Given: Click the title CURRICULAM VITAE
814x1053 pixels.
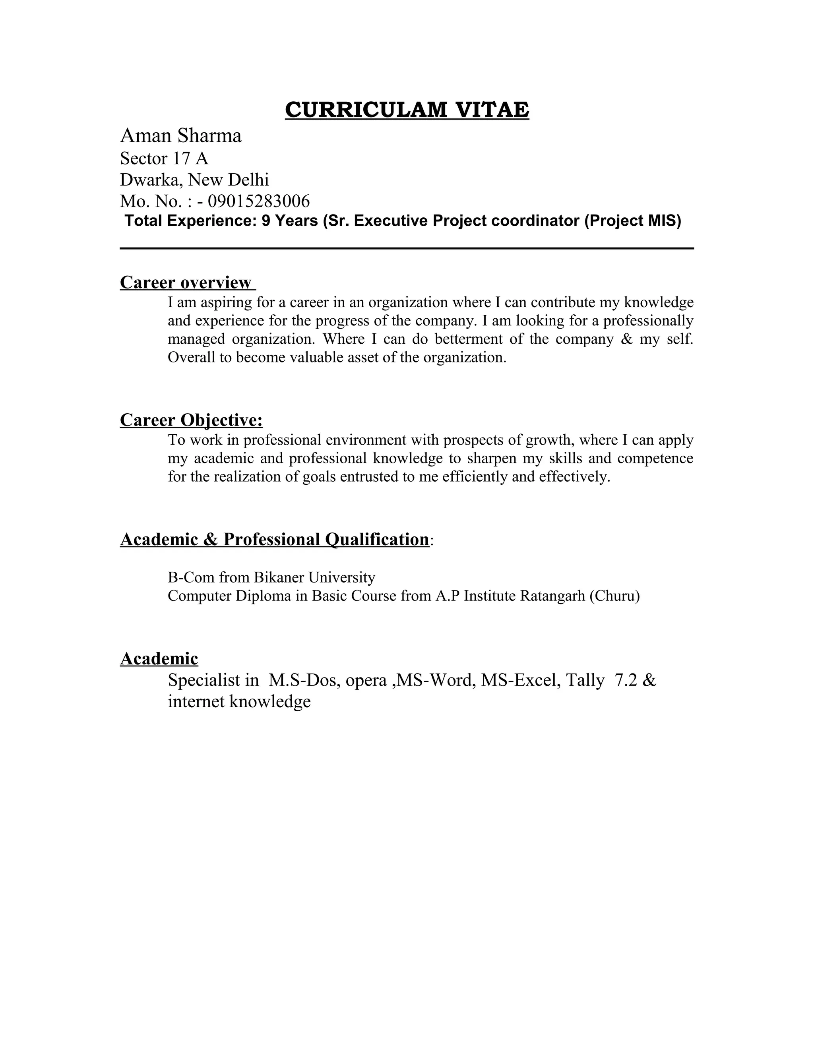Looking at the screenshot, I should click(x=407, y=110).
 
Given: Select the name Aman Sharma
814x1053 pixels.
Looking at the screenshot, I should click(x=180, y=136).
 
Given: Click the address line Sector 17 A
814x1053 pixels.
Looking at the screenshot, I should click(x=164, y=158).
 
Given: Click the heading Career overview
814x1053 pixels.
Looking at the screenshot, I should click(x=186, y=283).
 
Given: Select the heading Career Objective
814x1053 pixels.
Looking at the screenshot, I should click(x=192, y=420).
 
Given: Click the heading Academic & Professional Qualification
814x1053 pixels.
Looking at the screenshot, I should click(x=274, y=539).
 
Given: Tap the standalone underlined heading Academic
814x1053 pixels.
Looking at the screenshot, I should click(x=159, y=658).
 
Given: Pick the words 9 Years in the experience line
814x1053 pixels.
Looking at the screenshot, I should click(x=289, y=221).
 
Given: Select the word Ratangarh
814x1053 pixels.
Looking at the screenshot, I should click(x=552, y=596).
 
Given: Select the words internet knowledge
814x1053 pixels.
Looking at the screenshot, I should click(x=239, y=701).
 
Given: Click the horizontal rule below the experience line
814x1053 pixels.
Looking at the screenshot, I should click(x=407, y=248).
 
